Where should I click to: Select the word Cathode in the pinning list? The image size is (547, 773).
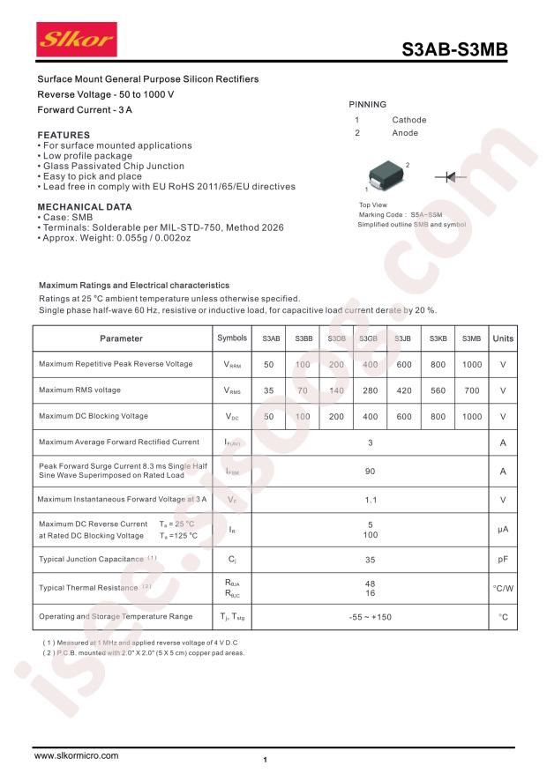point(408,120)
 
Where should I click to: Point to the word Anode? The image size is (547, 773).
point(405,133)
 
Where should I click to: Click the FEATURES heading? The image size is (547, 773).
point(63,135)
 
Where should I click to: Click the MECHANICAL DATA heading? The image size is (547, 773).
point(85,207)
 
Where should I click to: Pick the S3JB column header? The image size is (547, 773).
point(403,338)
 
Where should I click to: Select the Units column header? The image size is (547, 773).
point(503,338)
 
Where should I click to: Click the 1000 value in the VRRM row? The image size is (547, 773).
point(472,364)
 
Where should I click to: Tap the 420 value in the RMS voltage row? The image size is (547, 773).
point(404,390)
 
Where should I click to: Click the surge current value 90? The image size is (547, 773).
point(371,472)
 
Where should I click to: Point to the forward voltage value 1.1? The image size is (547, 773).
point(371,500)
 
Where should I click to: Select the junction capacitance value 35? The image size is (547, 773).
point(371,559)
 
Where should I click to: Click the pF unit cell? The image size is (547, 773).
point(503,559)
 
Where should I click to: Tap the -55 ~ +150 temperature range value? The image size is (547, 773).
point(371,617)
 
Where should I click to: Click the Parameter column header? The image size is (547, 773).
point(121,338)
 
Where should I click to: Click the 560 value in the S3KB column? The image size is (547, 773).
point(438,390)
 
